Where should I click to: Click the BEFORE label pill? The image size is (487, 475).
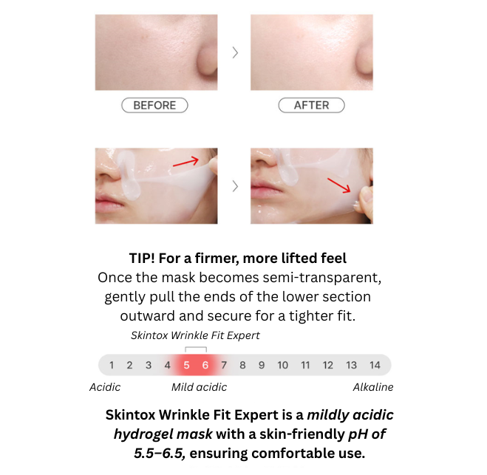(x=154, y=105)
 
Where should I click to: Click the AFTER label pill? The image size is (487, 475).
(x=312, y=105)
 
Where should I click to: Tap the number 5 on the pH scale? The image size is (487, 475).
(x=186, y=365)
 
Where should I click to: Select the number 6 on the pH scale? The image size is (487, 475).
(x=205, y=365)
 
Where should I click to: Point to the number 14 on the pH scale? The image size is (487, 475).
(x=375, y=365)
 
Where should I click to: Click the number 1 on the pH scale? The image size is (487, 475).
(x=112, y=365)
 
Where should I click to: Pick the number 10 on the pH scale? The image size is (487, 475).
(x=282, y=365)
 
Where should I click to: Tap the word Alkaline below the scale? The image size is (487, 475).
(x=373, y=387)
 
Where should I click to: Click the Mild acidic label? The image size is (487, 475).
(x=199, y=387)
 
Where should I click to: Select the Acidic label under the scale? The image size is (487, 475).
(x=105, y=387)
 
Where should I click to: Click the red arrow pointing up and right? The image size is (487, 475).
(x=185, y=162)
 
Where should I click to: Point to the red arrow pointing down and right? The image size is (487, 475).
(x=339, y=185)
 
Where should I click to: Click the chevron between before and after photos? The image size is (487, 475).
(x=235, y=52)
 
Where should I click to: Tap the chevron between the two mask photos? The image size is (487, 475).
(x=235, y=186)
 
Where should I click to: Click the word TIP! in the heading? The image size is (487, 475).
(x=142, y=259)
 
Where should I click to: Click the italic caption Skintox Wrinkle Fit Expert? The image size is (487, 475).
(x=195, y=335)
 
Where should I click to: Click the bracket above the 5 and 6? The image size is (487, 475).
(x=196, y=347)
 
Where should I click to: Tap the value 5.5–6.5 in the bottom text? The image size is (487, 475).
(x=160, y=454)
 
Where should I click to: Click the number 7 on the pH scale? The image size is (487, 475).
(x=224, y=365)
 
